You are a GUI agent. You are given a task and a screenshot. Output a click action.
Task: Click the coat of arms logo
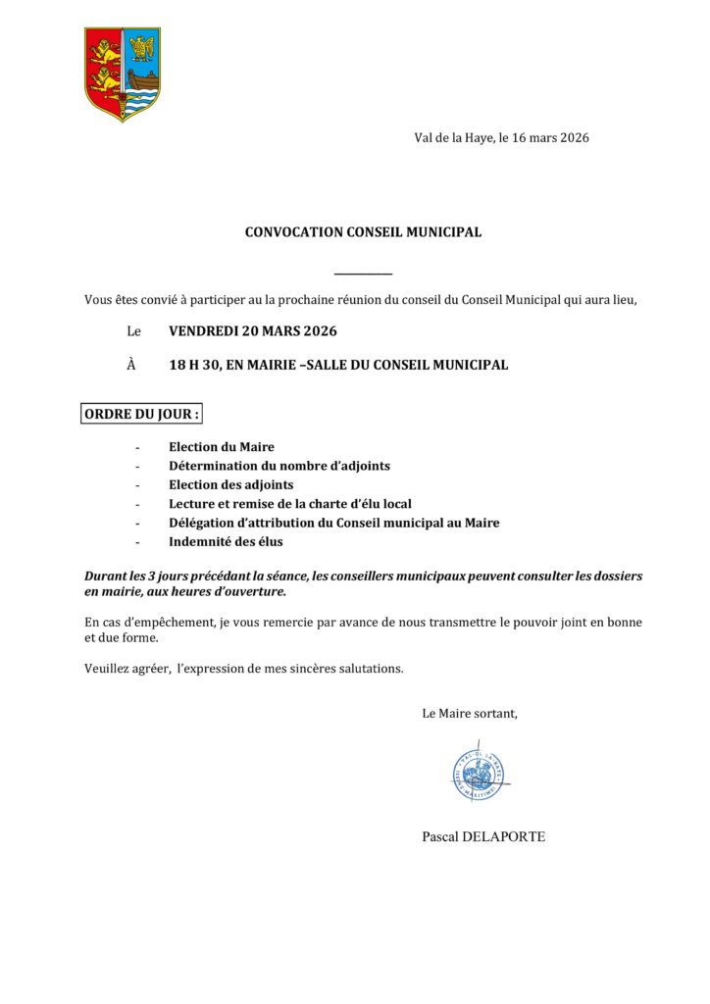pos(122,74)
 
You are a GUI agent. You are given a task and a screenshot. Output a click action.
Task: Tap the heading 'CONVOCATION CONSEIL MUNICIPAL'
pos(363,232)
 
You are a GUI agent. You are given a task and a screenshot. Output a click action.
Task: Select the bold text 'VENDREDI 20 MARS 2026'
pos(253,331)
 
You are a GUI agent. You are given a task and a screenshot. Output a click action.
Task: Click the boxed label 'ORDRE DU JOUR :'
pos(141,415)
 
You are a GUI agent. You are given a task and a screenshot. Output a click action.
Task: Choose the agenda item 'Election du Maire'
pos(222,447)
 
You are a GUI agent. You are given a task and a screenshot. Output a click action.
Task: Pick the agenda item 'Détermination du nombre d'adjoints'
pos(279,466)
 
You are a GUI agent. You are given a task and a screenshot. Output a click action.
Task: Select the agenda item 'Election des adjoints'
pos(231,484)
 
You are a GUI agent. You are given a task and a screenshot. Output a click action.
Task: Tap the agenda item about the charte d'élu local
pos(290,504)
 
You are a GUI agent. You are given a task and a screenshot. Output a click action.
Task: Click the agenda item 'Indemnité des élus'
pos(226,541)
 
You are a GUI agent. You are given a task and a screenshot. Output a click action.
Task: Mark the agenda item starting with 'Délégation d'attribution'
pos(334,523)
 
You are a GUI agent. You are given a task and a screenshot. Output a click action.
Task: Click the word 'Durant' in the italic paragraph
pos(105,576)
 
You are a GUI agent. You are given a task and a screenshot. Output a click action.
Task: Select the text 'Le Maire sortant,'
pos(470,713)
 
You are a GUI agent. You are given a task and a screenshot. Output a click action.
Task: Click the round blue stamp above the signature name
pos(479,775)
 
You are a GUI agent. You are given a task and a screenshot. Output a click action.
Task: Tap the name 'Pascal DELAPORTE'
pos(483,836)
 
